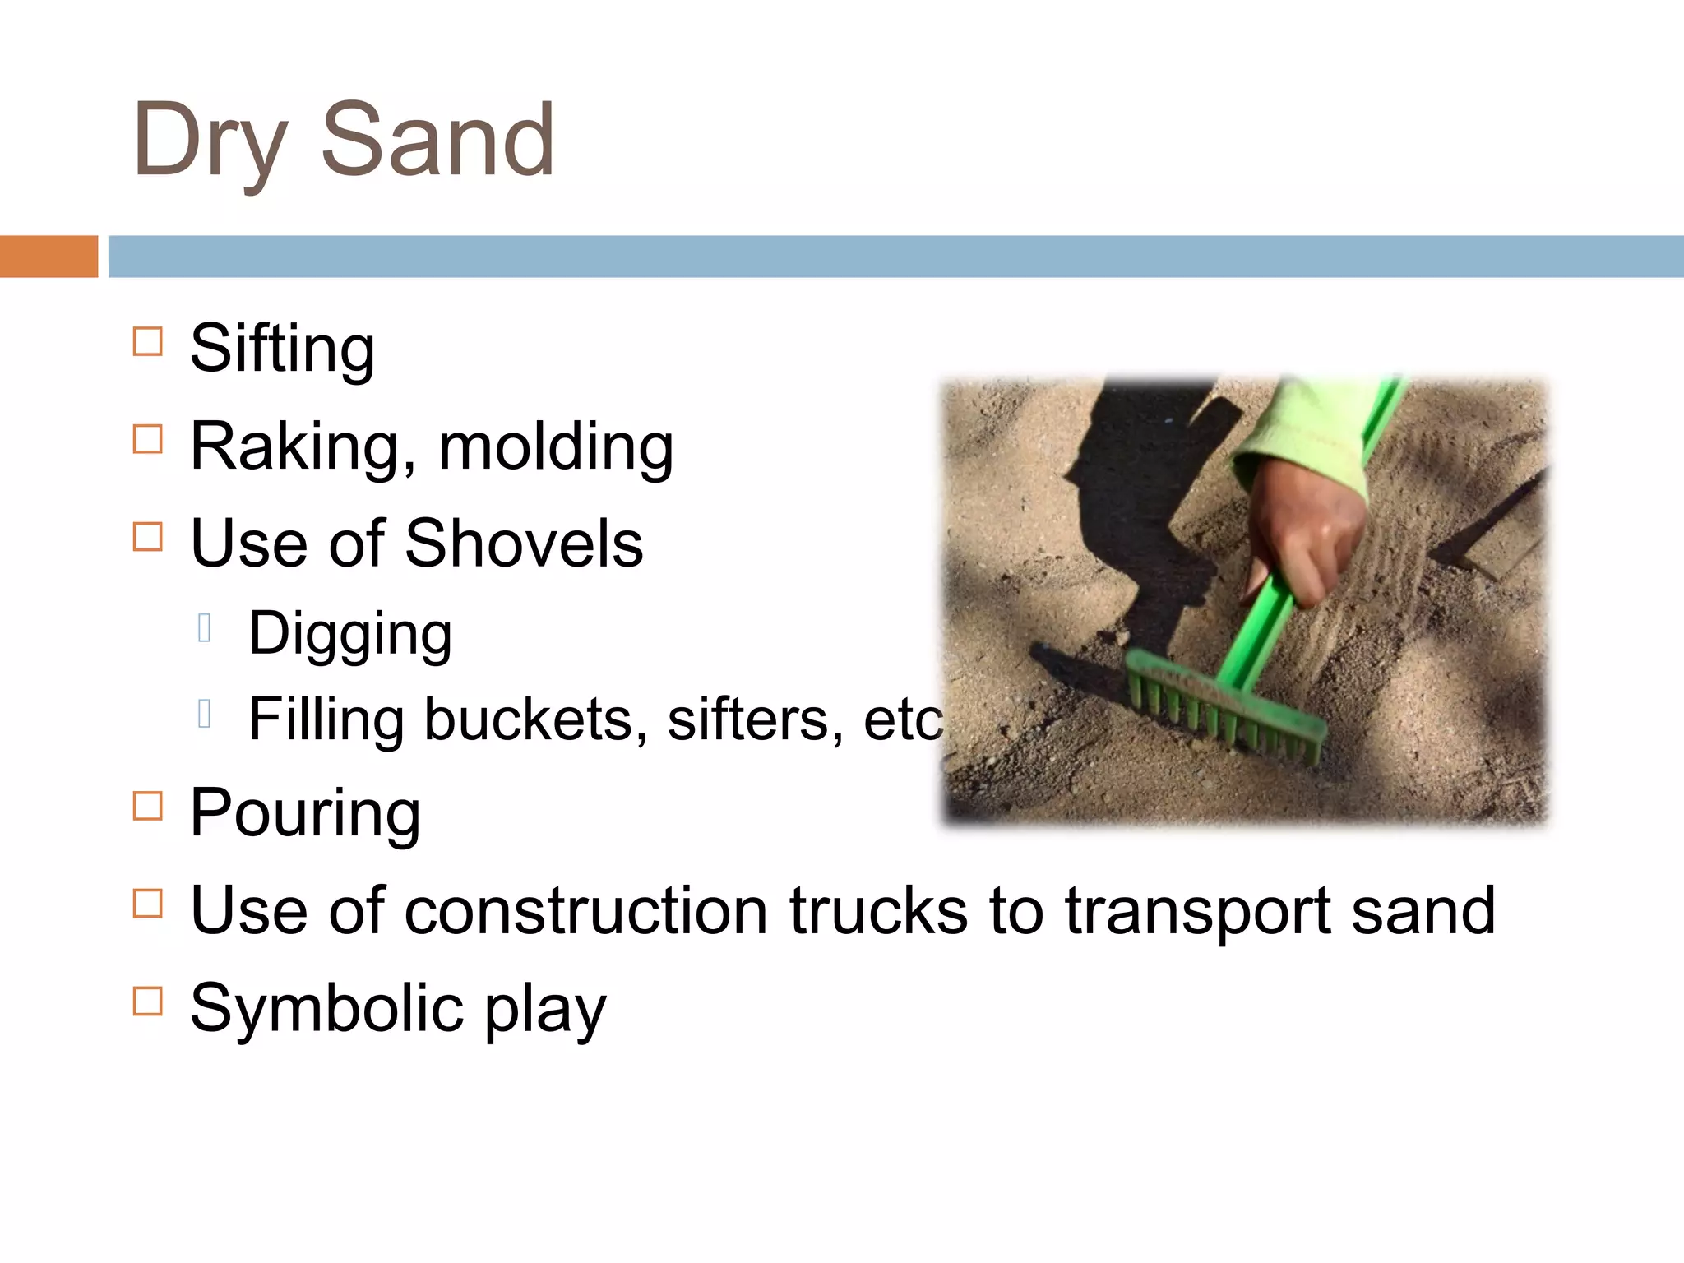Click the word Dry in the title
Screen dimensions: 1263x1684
(x=210, y=141)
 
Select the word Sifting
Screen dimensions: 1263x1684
(x=282, y=349)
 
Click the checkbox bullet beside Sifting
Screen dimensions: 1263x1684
(x=147, y=340)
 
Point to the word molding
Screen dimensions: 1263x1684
(x=556, y=447)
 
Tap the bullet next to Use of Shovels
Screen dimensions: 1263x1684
(x=147, y=536)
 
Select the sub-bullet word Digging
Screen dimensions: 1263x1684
(x=350, y=634)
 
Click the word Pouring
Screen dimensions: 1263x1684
(x=305, y=813)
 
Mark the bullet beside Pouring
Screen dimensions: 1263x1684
(x=147, y=806)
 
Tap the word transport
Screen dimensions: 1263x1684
(x=1197, y=912)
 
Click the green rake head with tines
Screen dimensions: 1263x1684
(x=1225, y=707)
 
